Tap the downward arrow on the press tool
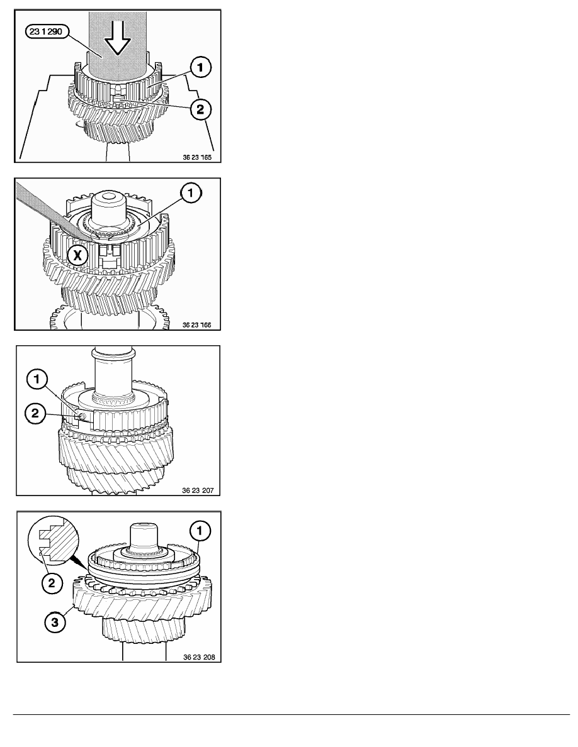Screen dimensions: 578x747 point(117,38)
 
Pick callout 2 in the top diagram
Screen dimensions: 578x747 point(200,109)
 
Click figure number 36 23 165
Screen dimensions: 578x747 point(197,157)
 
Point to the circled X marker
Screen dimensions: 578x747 point(77,255)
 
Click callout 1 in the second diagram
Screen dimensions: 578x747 point(191,193)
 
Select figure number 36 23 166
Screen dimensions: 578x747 point(197,325)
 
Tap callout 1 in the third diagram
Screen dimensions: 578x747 point(37,380)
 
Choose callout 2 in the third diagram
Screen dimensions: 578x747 point(35,412)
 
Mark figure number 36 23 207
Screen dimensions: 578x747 point(198,490)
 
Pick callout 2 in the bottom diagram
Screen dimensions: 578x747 point(52,582)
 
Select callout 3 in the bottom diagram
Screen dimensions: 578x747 point(54,622)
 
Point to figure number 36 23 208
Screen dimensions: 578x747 point(199,657)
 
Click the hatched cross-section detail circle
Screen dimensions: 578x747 point(52,539)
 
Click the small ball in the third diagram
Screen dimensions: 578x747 point(82,416)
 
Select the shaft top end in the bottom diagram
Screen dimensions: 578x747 point(144,527)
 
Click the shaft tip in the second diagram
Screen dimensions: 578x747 point(110,196)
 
